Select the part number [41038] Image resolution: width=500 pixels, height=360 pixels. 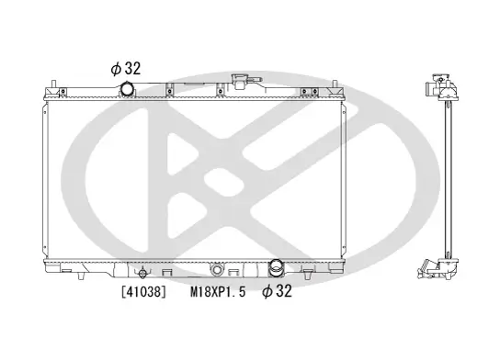click(x=142, y=293)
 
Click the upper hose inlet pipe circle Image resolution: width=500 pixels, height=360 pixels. click(x=127, y=88)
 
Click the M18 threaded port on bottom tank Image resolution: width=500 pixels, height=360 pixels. click(x=217, y=270)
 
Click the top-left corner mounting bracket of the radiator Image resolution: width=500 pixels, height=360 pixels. click(x=58, y=90)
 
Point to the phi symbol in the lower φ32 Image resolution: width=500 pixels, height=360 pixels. click(x=267, y=293)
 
